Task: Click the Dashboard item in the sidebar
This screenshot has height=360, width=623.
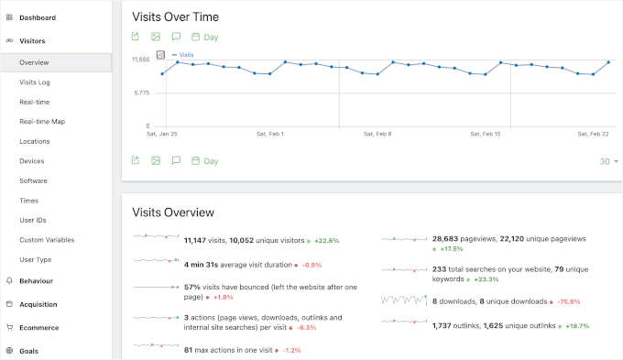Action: [x=37, y=17]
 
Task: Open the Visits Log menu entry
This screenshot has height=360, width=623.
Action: [x=35, y=82]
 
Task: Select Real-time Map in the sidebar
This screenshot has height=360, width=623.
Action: [x=42, y=122]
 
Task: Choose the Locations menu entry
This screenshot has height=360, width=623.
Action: [x=35, y=141]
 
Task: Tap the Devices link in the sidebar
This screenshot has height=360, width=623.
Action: [x=32, y=161]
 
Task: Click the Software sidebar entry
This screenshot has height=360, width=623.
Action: [x=34, y=180]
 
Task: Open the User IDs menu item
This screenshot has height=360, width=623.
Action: [x=33, y=220]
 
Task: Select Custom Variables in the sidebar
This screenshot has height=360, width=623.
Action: [x=47, y=240]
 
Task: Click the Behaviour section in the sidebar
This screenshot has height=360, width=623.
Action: [x=36, y=280]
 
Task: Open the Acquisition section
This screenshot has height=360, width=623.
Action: [x=38, y=304]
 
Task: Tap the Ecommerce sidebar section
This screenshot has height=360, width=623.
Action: [x=38, y=327]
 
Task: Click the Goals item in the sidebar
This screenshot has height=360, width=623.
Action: [x=29, y=350]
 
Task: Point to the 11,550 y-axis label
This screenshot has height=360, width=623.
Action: [x=140, y=60]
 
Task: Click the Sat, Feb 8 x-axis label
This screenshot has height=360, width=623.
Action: [x=377, y=134]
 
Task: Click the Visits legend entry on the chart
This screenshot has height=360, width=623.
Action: [x=186, y=55]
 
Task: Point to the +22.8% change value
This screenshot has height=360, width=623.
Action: [x=327, y=241]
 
